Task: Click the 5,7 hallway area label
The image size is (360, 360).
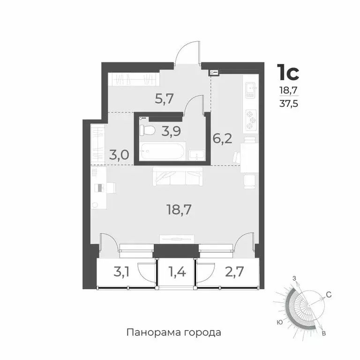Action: pos(164,99)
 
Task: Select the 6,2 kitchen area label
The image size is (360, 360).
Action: pos(223,139)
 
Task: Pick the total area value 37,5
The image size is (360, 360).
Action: pos(288,104)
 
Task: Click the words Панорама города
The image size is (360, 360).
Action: pos(173,333)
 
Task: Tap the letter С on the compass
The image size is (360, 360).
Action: pos(329,294)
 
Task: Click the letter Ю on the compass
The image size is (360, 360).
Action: pos(279,322)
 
